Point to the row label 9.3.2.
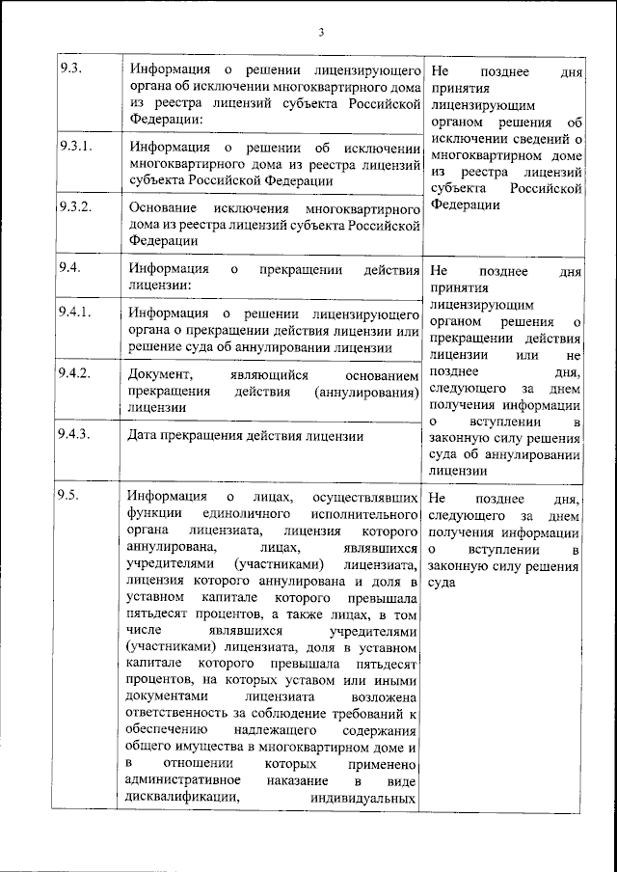(x=75, y=207)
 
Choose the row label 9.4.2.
(x=75, y=372)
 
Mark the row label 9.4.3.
(x=75, y=434)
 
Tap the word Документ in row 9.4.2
(x=159, y=373)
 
